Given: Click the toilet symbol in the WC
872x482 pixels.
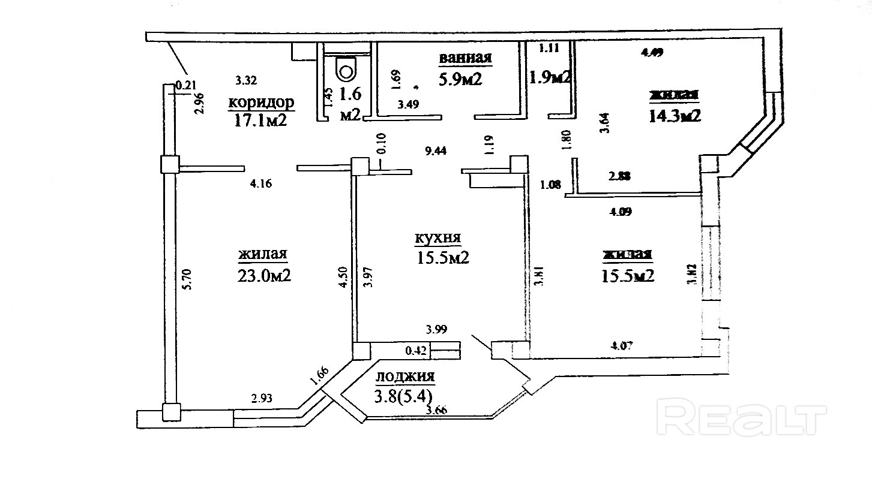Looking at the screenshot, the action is coord(346,69).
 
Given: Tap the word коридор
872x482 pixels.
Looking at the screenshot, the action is coord(261,103).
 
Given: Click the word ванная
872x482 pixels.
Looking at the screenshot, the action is coord(466,58).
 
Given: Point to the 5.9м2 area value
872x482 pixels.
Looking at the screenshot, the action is coord(461,79).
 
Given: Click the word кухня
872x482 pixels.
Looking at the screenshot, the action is coord(438,237).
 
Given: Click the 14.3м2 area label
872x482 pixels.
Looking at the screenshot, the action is coord(675,115).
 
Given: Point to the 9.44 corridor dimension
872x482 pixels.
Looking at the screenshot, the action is coord(436,152).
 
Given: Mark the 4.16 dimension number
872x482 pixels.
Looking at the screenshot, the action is coord(262,185).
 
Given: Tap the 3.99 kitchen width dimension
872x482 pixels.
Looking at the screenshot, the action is coord(436,329).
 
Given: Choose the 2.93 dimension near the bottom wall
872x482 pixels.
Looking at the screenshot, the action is coord(262,397).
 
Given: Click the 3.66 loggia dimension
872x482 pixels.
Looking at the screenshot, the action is coord(436,410).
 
